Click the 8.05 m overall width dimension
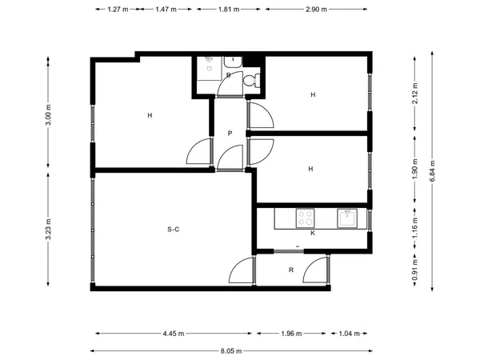pos(231,351)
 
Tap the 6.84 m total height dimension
pos(432,171)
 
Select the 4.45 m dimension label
pos(174,334)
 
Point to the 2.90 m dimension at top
pos(316,9)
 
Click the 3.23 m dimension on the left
pos(48,230)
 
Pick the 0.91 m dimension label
pos(415,270)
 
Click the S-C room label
pos(174,230)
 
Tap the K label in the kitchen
pos(313,234)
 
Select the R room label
pos(291,270)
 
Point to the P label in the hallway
pos(230,133)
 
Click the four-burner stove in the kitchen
pos(306,218)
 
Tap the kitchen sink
pos(347,218)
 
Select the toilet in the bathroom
pos(252,81)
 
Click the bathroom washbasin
pos(233,62)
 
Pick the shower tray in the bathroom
pos(209,68)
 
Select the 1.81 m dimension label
pos(229,9)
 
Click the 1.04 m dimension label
pos(349,334)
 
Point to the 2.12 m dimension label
pos(415,94)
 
